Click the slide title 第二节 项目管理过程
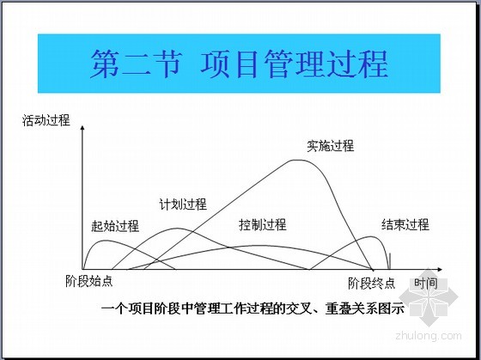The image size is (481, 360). coord(239,64)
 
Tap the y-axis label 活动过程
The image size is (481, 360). coord(46,120)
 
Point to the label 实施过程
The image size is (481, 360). coord(331,146)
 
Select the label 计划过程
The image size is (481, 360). coord(183,204)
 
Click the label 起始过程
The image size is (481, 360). coord(115,226)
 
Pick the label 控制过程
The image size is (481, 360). coord(263,224)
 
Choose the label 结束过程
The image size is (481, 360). coord(405,224)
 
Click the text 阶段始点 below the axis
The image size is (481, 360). coord(89,281)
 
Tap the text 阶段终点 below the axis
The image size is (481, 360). coord(371,283)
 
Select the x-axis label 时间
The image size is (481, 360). coord(426,283)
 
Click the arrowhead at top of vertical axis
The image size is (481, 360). coord(82,127)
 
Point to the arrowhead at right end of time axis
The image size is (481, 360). coord(440,269)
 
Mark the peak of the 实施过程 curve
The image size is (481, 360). coord(297,160)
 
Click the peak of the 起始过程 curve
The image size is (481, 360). coord(105,241)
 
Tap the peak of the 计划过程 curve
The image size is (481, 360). coord(177,228)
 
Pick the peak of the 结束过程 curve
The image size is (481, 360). coord(371,236)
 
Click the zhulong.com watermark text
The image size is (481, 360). coord(429,336)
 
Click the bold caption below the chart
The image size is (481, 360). coord(253,308)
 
